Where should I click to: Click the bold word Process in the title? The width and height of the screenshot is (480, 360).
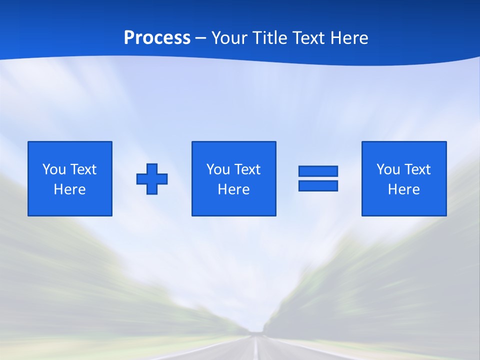(157, 38)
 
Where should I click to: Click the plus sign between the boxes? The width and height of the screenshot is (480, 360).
(152, 179)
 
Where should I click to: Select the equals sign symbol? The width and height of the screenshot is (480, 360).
(318, 178)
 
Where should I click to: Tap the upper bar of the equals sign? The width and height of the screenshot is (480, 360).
(318, 171)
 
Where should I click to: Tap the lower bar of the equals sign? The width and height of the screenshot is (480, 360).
(318, 185)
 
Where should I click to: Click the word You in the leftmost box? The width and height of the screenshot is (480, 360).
(54, 169)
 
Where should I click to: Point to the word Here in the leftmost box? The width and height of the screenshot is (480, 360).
(70, 189)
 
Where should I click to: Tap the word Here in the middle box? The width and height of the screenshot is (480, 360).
(233, 189)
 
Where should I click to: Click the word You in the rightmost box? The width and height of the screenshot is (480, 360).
(388, 169)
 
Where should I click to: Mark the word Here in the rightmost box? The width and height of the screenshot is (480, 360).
(404, 189)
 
